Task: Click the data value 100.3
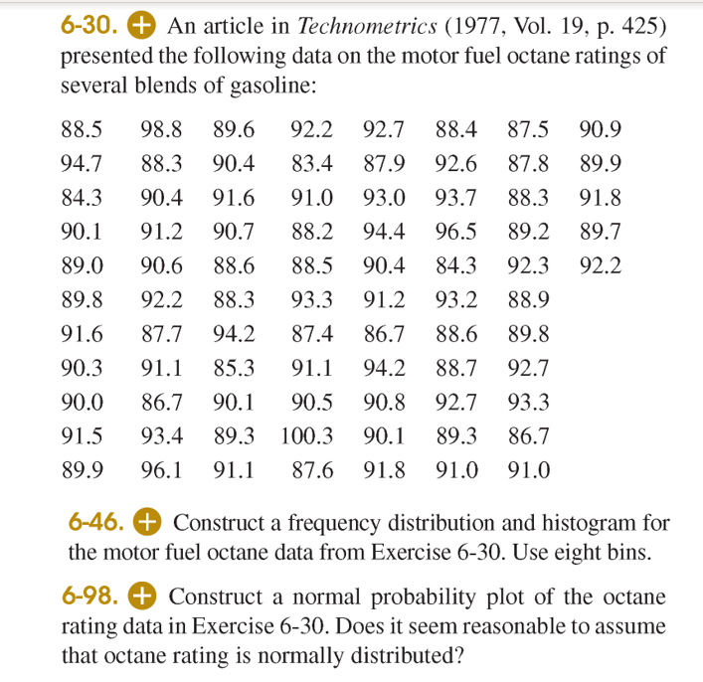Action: (x=307, y=435)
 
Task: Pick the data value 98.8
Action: (x=160, y=128)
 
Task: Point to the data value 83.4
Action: (x=311, y=163)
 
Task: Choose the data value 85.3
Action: (x=234, y=368)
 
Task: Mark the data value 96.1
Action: (x=160, y=470)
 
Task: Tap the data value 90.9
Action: (x=600, y=128)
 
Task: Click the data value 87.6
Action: (x=311, y=470)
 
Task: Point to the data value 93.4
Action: (x=160, y=435)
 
